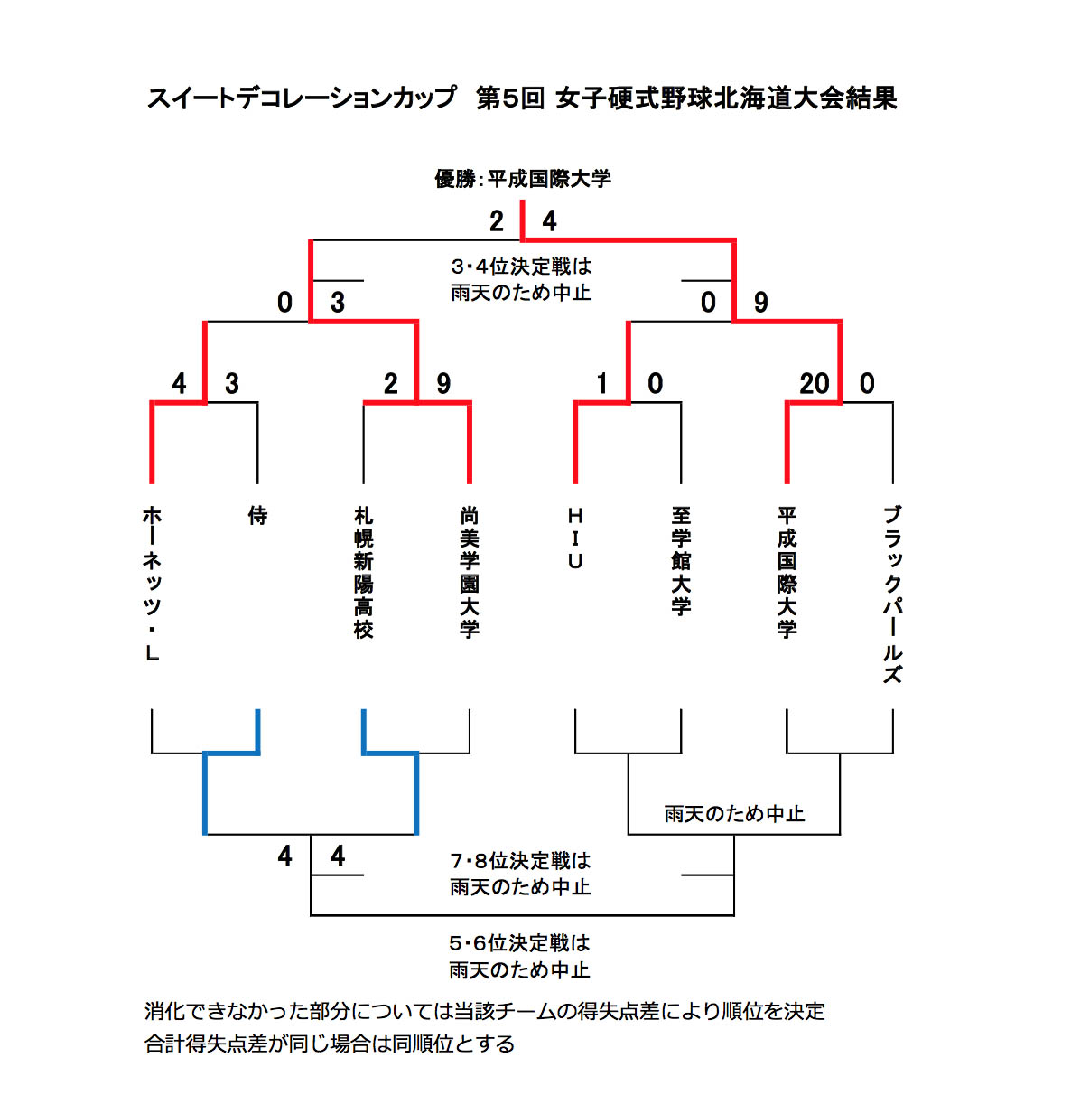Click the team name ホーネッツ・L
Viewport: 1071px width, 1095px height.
click(152, 584)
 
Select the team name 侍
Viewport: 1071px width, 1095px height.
click(257, 516)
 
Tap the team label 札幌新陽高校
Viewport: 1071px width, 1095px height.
click(363, 573)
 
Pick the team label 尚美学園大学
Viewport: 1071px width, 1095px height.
click(469, 573)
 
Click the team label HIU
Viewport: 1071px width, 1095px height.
click(575, 538)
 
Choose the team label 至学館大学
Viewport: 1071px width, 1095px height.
click(681, 561)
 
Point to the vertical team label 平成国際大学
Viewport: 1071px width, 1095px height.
click(787, 573)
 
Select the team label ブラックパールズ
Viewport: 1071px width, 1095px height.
click(892, 594)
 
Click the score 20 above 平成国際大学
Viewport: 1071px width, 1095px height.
click(814, 384)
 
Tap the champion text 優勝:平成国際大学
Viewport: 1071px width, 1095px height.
click(523, 179)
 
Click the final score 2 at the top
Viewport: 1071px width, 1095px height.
click(496, 221)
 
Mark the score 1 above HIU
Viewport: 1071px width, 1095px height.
click(601, 384)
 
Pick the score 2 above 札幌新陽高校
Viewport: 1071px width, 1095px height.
click(390, 384)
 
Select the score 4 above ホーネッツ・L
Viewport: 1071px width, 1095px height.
click(179, 384)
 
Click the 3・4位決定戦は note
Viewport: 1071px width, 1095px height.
click(521, 267)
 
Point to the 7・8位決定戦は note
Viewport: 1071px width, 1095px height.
click(520, 861)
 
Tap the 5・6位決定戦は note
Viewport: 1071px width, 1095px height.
click(519, 943)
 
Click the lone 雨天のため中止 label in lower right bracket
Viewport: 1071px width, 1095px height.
click(734, 814)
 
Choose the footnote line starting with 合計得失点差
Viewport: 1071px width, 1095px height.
click(330, 1044)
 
